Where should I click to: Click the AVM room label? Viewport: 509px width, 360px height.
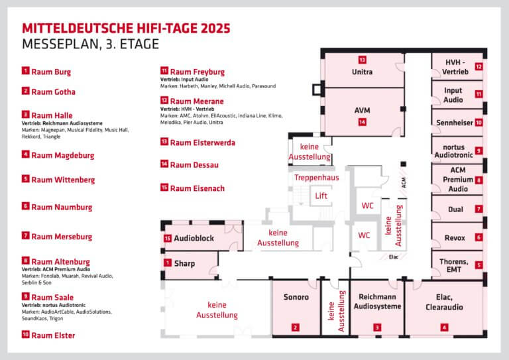pos(362,109)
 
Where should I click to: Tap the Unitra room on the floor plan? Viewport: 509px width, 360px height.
pos(362,72)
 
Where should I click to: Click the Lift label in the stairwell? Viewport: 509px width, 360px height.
pos(321,196)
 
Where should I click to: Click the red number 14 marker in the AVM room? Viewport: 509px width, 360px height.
pos(362,122)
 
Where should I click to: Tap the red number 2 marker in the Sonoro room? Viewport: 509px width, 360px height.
pos(296,327)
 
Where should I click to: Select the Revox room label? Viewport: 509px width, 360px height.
pos(455,237)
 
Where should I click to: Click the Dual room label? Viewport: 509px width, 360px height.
pos(455,209)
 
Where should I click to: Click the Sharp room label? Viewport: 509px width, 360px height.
pos(184,263)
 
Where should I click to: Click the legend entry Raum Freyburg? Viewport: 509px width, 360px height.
pos(197,72)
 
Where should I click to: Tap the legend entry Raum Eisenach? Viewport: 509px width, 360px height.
pos(197,188)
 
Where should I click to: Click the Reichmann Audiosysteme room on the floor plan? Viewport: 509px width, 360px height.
pos(376,302)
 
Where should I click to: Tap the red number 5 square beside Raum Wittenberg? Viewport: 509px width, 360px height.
pos(26,179)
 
